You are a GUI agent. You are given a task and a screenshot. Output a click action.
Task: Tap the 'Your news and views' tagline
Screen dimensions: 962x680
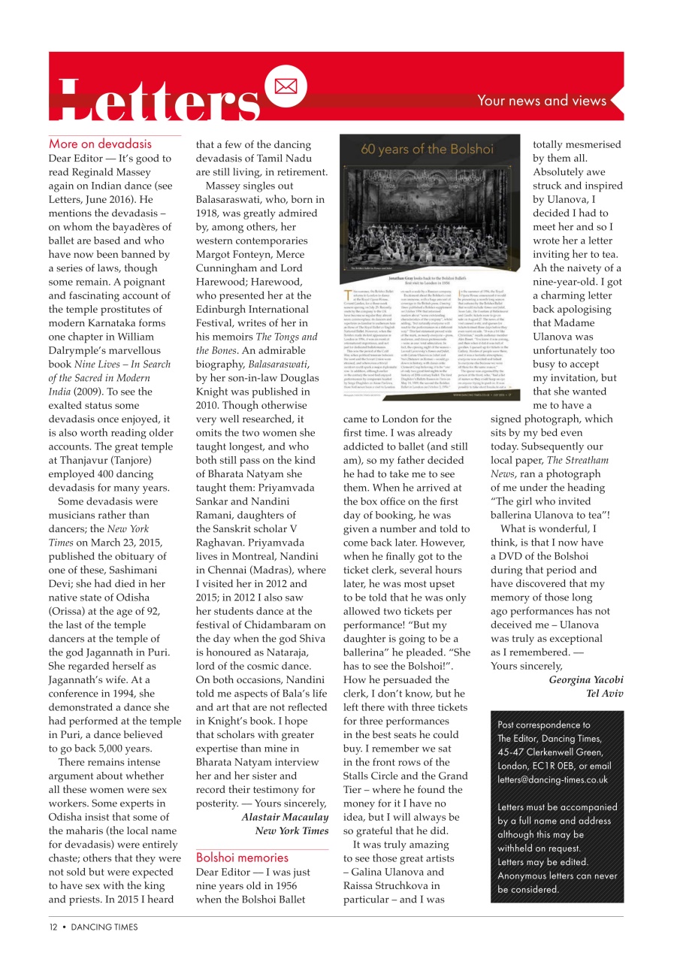point(541,101)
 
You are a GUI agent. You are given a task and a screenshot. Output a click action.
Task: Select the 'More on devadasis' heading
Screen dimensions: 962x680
point(100,144)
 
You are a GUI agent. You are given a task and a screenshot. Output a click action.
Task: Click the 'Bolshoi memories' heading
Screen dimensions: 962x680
point(242,857)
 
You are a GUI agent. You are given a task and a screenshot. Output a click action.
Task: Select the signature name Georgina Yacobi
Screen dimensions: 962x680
point(586,680)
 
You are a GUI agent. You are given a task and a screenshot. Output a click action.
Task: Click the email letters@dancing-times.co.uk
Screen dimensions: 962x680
point(552,780)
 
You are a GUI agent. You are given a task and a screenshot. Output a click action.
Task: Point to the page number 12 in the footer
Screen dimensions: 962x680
point(53,927)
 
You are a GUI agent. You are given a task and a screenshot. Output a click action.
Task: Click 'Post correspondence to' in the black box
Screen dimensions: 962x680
point(544,725)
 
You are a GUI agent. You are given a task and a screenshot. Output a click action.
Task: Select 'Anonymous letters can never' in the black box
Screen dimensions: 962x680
point(557,876)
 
